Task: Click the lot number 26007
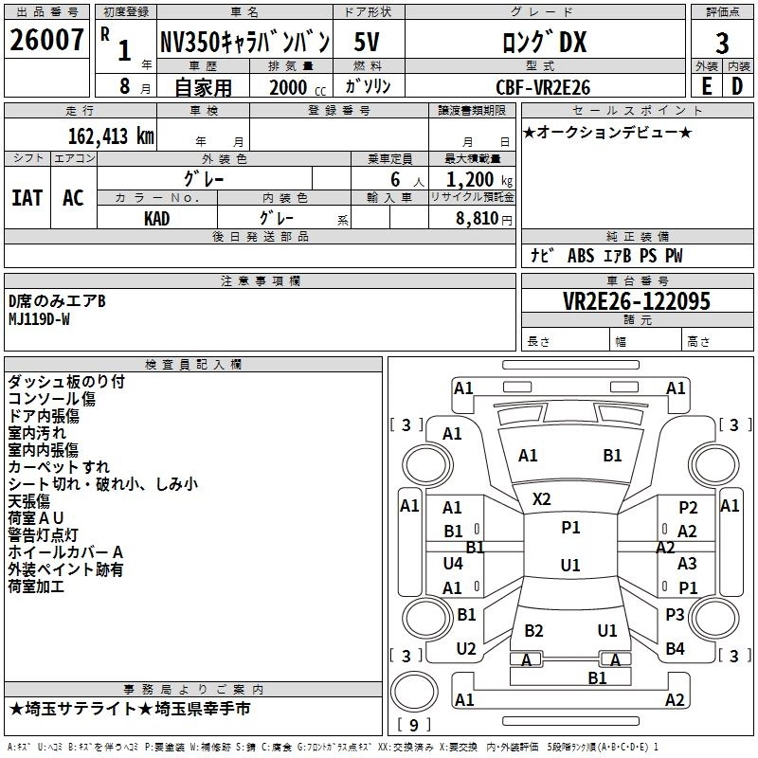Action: (45, 42)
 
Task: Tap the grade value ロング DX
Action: (543, 42)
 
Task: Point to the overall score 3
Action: (722, 44)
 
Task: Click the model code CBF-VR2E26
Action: (543, 87)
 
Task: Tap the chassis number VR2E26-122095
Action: (637, 301)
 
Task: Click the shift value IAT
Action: (27, 198)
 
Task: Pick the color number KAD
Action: (157, 218)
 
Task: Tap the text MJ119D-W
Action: (39, 318)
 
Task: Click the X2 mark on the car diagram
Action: (542, 498)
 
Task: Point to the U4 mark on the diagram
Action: (453, 564)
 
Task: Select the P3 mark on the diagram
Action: (675, 615)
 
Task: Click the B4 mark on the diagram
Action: (675, 649)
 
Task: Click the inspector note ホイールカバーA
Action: (65, 552)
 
